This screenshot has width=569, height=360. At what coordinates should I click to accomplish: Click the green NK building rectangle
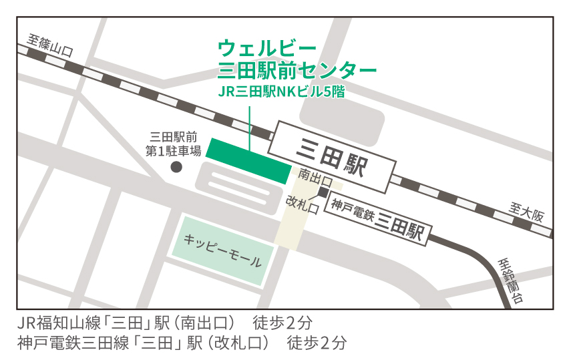(248, 159)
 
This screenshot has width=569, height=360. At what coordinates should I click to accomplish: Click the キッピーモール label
(222, 250)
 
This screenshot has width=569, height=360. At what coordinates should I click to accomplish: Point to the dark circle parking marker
(176, 167)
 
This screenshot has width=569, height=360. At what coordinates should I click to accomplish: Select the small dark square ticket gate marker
(323, 192)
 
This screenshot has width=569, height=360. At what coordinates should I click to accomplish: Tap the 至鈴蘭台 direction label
(511, 281)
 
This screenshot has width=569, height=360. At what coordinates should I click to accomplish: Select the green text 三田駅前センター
(297, 70)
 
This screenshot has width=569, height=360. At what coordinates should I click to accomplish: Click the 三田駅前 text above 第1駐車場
(174, 137)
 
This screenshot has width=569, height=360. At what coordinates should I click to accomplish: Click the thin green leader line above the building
(249, 127)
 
